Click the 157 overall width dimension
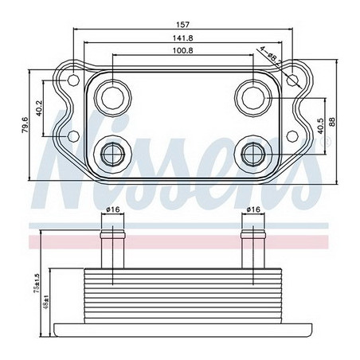click(x=183, y=24)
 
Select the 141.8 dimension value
click(x=183, y=40)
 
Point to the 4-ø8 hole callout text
click(x=267, y=53)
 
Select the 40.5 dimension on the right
click(x=320, y=124)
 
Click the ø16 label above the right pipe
click(x=254, y=209)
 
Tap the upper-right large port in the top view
click(x=255, y=97)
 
